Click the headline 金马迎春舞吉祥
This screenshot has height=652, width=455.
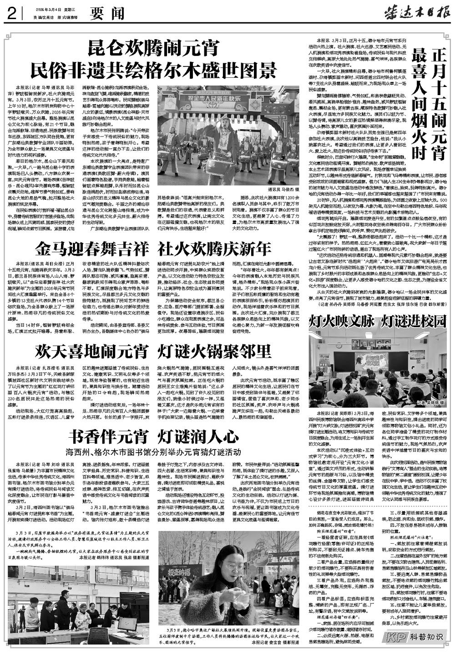[x=93, y=249]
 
